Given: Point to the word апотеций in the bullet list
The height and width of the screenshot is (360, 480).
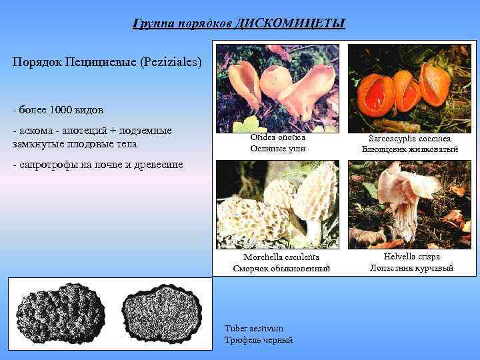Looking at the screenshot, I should tap(82, 130).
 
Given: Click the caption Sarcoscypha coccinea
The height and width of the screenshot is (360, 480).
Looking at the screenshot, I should tap(410, 138).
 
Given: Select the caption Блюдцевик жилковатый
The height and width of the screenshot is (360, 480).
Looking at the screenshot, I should tap(410, 149).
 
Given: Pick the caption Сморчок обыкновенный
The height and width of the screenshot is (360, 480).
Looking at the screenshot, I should tap(281, 269).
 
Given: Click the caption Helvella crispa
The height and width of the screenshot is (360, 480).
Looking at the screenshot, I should tap(411, 257).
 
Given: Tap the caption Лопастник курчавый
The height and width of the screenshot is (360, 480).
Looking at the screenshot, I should tap(411, 268).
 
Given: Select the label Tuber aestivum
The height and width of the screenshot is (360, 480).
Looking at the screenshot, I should tap(254, 329).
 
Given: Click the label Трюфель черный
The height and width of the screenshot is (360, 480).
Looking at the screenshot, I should tap(259, 340).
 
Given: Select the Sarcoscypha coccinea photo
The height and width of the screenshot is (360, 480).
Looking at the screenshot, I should tap(409, 87).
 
